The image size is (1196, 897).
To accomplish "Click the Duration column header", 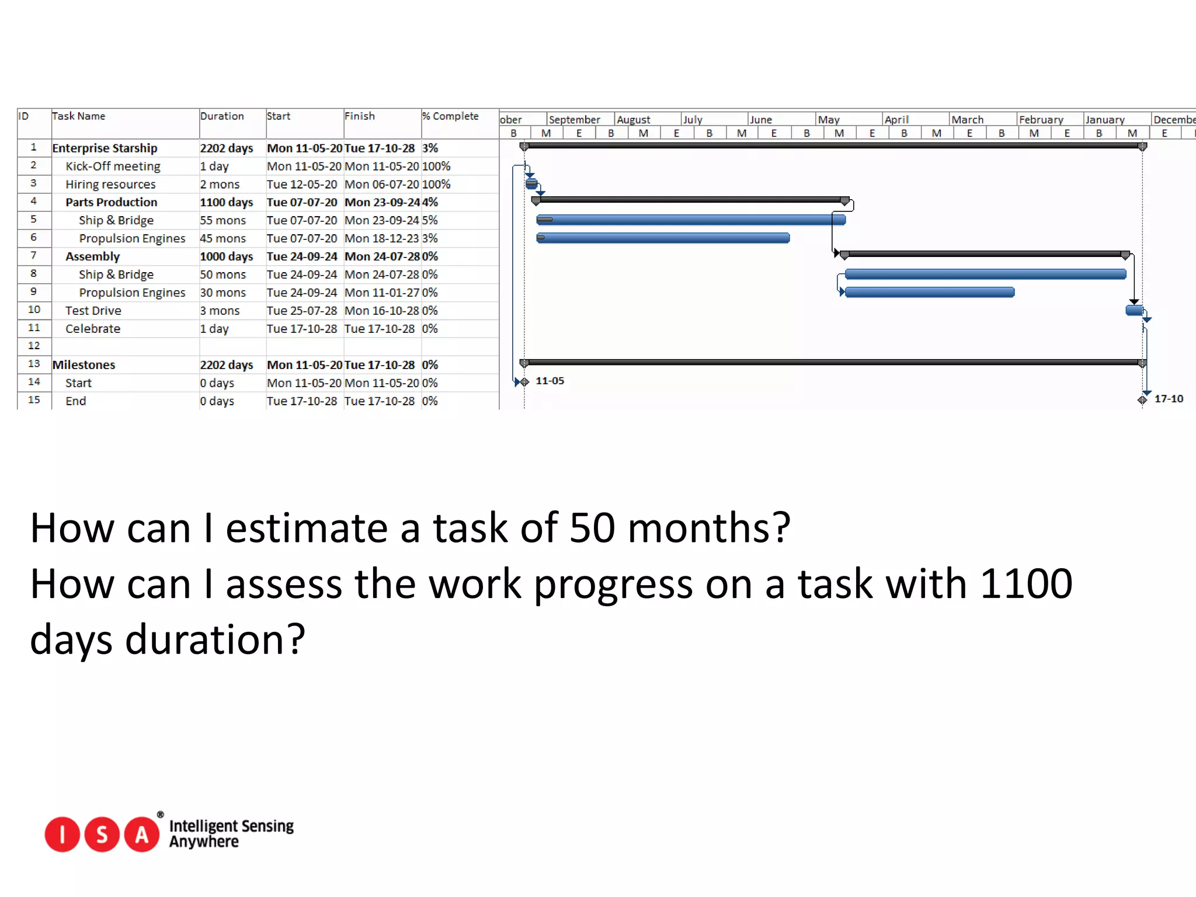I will tap(222, 116).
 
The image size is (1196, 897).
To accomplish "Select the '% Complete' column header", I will tap(450, 116).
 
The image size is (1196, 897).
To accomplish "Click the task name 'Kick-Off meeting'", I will tap(113, 166).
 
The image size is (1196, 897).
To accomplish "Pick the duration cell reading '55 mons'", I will tap(222, 221).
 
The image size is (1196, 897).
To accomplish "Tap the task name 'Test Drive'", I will tap(93, 311).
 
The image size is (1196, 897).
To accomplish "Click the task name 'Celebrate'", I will tap(93, 329).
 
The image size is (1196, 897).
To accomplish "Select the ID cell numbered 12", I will tap(34, 346).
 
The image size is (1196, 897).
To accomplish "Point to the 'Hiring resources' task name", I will tap(110, 185).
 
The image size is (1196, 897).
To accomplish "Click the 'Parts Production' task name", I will tap(111, 203).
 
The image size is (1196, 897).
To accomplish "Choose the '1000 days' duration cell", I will tap(226, 257).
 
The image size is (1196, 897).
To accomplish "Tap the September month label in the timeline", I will tap(575, 120).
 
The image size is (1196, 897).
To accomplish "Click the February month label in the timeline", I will tap(1041, 120).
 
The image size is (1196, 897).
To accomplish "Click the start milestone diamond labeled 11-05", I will tap(524, 382).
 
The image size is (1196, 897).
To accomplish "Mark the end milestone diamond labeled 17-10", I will tap(1142, 400).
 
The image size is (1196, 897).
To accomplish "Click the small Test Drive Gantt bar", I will tap(1134, 310).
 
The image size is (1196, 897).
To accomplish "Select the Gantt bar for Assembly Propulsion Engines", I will tap(929, 292).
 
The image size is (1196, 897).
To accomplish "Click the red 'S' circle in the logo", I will tap(102, 835).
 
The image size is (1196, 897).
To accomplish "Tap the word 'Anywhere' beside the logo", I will tap(204, 842).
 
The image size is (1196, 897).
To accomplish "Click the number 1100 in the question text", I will tap(1026, 583).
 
